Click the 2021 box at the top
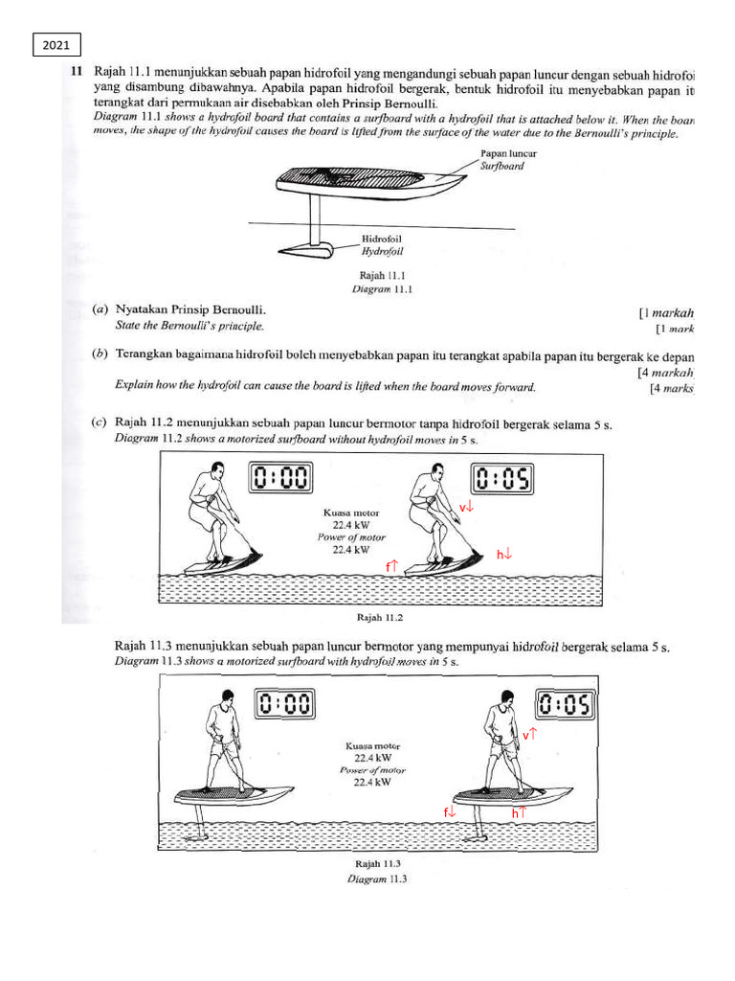click(x=56, y=45)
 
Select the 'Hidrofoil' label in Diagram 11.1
click(x=382, y=239)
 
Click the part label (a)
click(x=99, y=310)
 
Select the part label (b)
click(x=99, y=354)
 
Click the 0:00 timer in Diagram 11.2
click(x=282, y=477)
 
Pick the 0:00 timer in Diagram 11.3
click(x=285, y=705)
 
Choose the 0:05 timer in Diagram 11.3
click(x=566, y=706)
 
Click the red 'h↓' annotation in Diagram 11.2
click(x=503, y=553)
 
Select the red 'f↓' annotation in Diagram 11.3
click(x=450, y=812)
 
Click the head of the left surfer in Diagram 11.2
click(x=218, y=469)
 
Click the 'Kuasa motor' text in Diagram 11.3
click(x=373, y=745)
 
